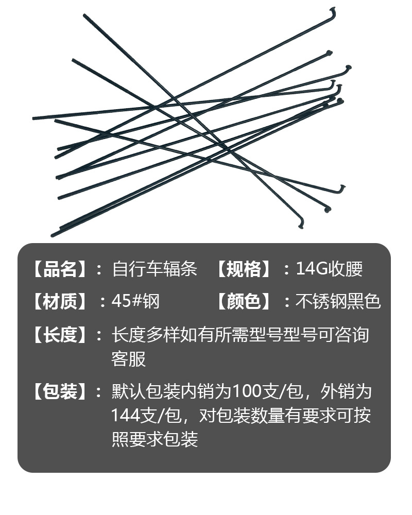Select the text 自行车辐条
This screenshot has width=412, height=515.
click(x=154, y=269)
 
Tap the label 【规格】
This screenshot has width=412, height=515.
click(x=243, y=269)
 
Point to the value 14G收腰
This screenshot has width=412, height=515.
click(x=330, y=269)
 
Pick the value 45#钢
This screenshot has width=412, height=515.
click(x=135, y=301)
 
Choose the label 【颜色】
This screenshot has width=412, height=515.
click(x=243, y=301)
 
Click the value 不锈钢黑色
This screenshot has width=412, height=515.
click(x=338, y=301)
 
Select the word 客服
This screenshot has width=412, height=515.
click(x=129, y=359)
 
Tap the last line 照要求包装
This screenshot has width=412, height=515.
click(x=155, y=439)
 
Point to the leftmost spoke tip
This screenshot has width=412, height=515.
click(x=34, y=118)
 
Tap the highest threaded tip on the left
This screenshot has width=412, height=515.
click(x=84, y=15)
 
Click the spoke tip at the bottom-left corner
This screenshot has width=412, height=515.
click(x=53, y=235)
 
